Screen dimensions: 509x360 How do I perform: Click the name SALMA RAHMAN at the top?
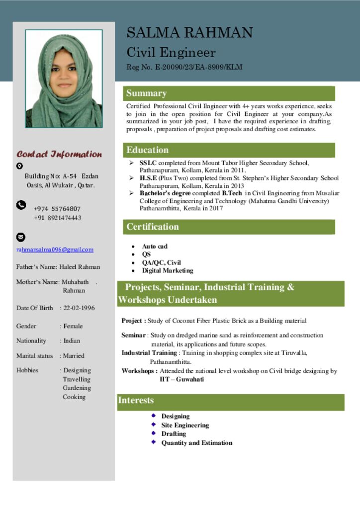(x=189, y=33)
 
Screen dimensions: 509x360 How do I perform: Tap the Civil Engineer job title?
(x=171, y=52)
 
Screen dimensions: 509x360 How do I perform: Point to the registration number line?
(x=184, y=67)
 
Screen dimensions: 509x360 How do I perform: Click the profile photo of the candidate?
(x=64, y=79)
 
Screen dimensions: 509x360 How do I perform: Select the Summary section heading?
(x=146, y=93)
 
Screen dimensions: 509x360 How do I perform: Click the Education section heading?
(x=147, y=150)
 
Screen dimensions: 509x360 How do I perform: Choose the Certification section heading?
(x=152, y=227)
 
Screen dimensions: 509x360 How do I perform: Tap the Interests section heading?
(x=136, y=400)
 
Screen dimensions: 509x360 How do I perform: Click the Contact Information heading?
(x=59, y=154)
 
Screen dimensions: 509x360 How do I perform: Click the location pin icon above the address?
(x=19, y=166)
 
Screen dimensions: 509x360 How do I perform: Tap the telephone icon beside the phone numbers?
(x=21, y=205)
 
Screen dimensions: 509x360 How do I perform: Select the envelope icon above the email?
(x=21, y=237)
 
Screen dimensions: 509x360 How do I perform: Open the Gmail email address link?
(x=55, y=250)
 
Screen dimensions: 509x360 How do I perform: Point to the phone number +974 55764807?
(x=57, y=209)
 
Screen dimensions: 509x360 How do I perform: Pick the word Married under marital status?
(x=74, y=356)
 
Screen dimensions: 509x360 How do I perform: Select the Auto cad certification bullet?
(x=155, y=246)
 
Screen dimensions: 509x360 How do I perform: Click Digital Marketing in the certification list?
(x=168, y=270)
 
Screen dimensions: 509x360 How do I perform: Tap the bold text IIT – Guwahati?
(x=181, y=379)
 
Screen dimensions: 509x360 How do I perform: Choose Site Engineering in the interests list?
(x=185, y=425)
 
